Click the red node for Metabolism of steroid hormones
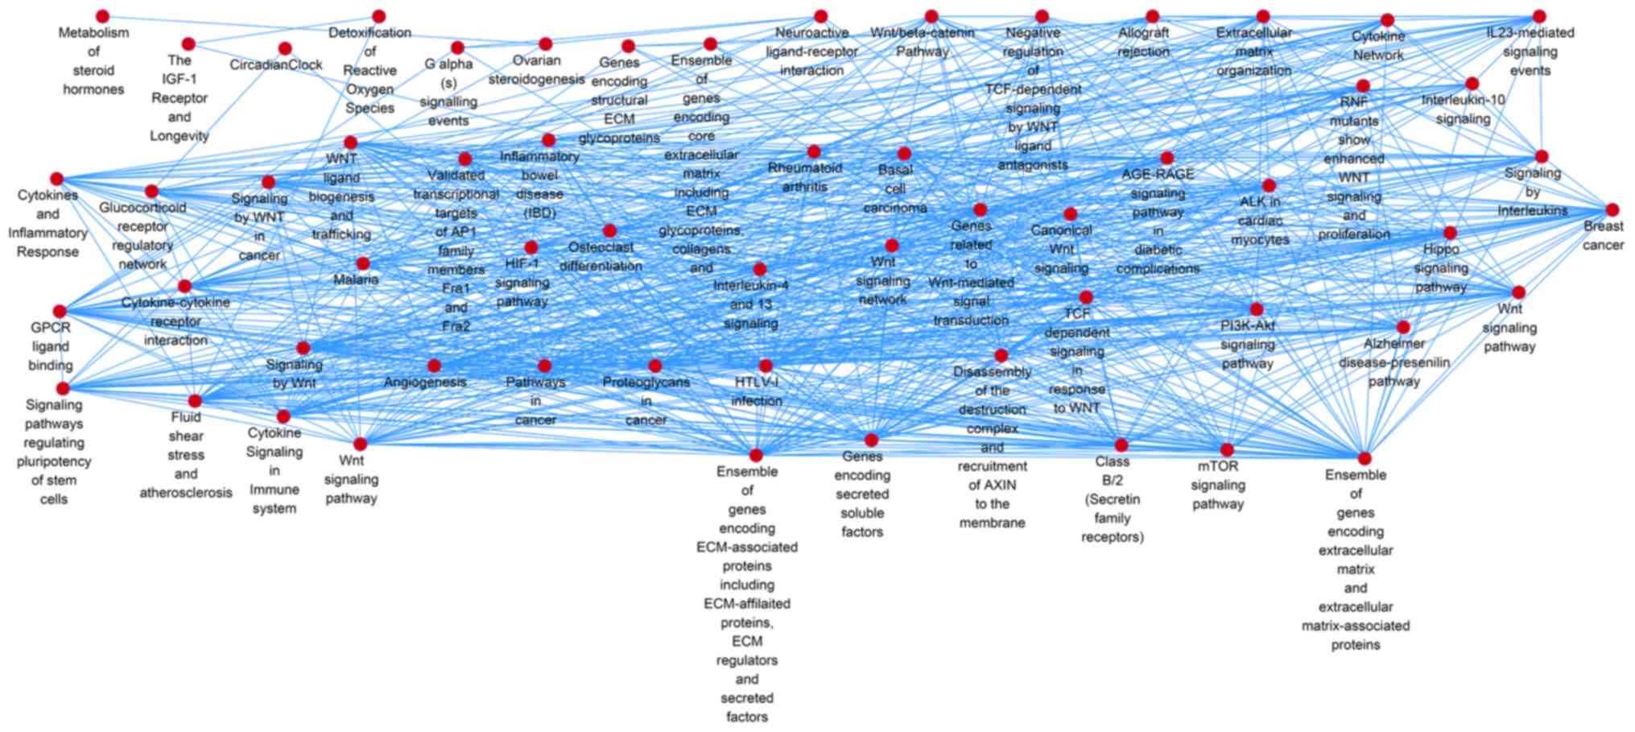click(x=102, y=16)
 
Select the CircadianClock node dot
click(x=285, y=48)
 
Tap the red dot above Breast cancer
click(x=1612, y=210)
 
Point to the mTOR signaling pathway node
click(x=1227, y=449)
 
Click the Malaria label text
click(x=356, y=279)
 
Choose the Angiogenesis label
click(x=425, y=382)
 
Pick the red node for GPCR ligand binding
click(x=60, y=312)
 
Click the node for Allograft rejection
click(x=1153, y=16)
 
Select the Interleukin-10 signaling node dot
click(x=1472, y=83)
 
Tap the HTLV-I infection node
click(x=766, y=366)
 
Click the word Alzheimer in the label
click(x=1394, y=343)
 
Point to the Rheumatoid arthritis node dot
click(x=814, y=151)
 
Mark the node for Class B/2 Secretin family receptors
click(x=1121, y=445)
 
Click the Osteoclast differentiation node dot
click(x=609, y=231)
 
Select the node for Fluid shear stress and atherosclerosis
click(x=195, y=400)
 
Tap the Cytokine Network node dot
click(x=1387, y=20)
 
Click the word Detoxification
click(x=370, y=32)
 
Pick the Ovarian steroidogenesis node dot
click(x=545, y=43)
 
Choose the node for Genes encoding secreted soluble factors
click(x=871, y=440)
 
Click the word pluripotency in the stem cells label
click(x=54, y=461)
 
